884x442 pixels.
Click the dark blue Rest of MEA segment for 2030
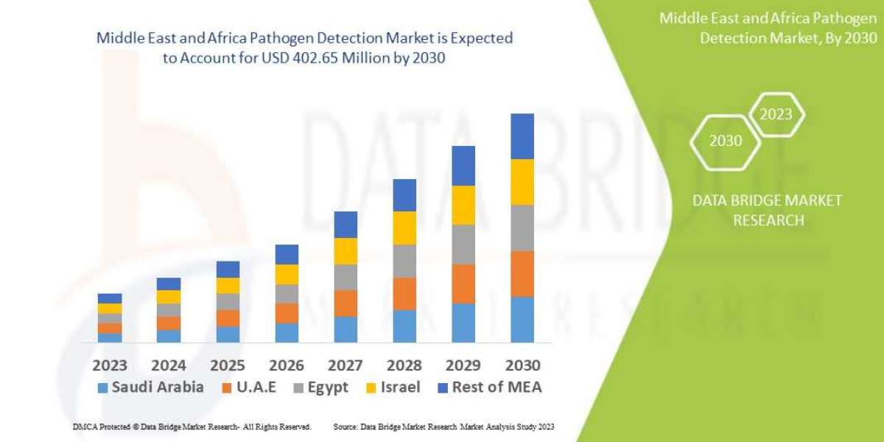point(522,136)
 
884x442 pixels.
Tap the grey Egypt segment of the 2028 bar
point(404,261)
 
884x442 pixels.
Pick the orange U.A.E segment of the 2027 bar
point(345,303)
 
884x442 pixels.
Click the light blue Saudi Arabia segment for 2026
point(287,332)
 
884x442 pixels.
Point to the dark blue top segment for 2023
point(110,298)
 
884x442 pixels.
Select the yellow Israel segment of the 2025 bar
point(228,286)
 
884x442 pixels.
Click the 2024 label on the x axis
point(169,365)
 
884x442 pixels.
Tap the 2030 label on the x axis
point(522,365)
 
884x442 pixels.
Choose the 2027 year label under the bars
point(345,365)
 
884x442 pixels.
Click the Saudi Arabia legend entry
point(150,387)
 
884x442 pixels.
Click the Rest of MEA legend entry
point(490,387)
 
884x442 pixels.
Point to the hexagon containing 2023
point(776,114)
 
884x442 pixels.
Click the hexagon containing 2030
point(726,141)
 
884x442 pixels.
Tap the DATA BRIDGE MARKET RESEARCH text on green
point(768,210)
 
